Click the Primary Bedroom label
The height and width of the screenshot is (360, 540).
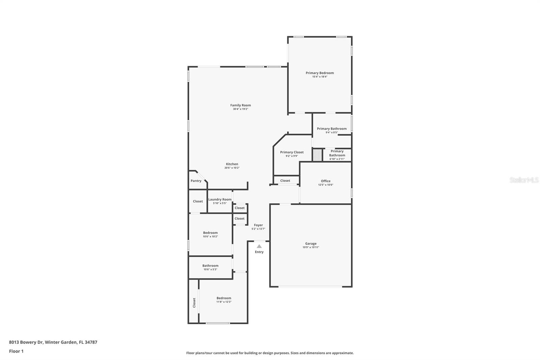[320, 73]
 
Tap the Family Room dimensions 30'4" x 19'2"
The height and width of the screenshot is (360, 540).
[240, 109]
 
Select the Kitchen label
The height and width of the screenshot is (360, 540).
[232, 164]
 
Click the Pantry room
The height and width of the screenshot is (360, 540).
[196, 181]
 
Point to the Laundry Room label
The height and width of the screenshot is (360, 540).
[220, 200]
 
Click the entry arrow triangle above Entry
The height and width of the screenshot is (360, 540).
[259, 246]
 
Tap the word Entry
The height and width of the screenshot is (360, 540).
[259, 252]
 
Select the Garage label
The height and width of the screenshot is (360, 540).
[310, 243]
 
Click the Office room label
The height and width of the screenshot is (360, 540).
[325, 181]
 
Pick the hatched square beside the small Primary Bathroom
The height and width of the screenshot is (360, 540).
[317, 155]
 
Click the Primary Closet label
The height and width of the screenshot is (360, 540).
[292, 152]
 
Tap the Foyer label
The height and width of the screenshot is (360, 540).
[258, 225]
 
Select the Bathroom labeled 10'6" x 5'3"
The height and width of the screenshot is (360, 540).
[210, 266]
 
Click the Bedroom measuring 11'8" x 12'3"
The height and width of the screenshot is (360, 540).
[224, 298]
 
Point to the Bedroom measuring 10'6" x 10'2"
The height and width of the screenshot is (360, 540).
[210, 233]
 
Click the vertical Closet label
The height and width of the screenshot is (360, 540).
[194, 302]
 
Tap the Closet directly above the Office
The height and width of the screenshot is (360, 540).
[285, 181]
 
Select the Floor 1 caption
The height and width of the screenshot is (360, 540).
[16, 351]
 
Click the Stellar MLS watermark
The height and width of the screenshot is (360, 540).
[524, 180]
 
